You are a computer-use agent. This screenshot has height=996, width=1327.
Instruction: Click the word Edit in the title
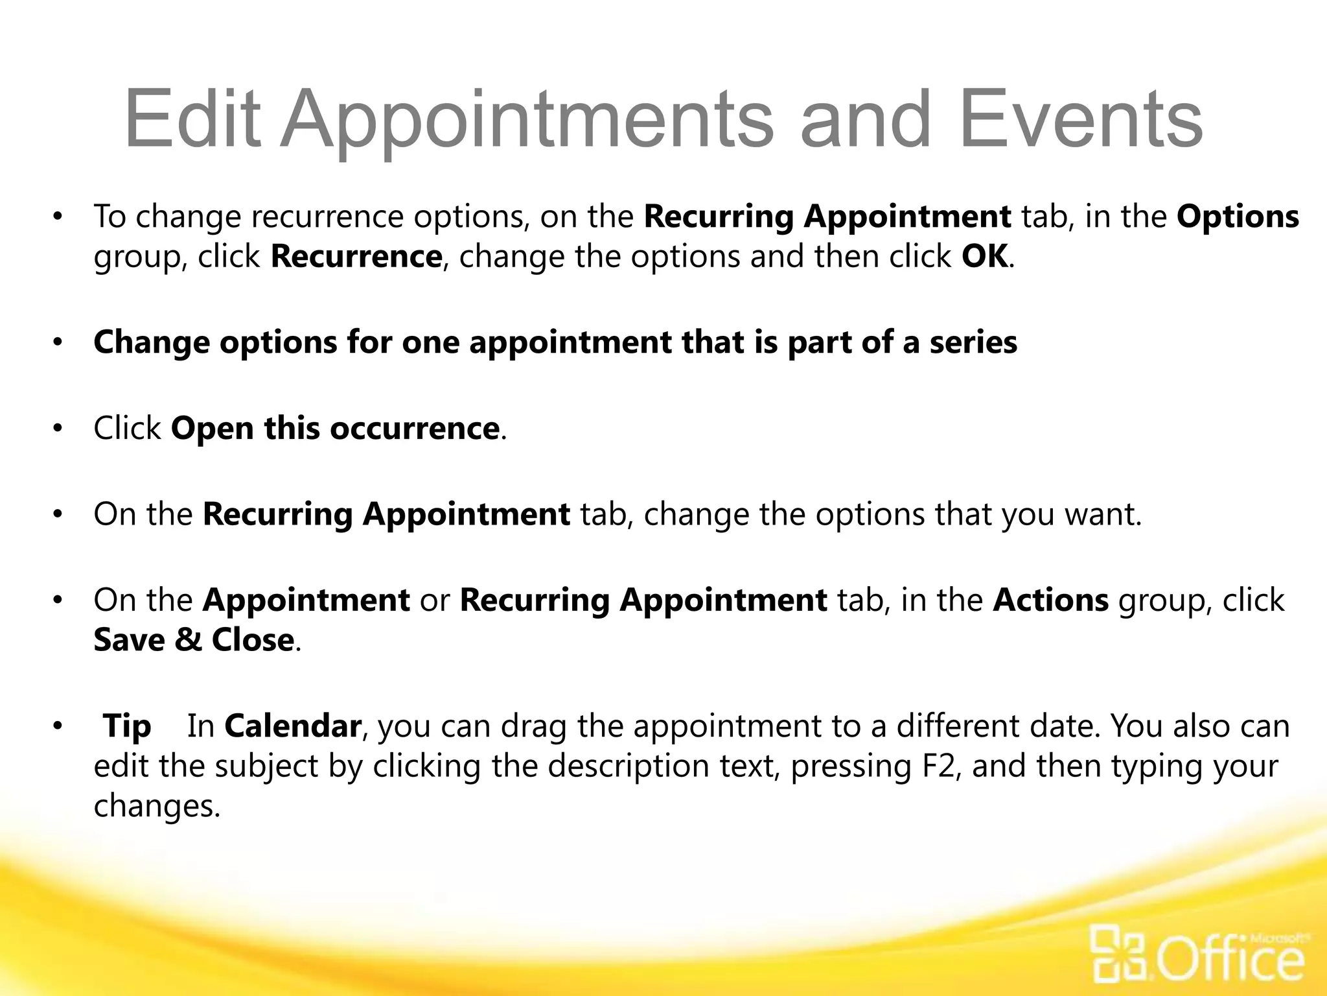[192, 119]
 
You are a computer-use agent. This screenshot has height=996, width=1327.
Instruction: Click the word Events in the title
[1079, 119]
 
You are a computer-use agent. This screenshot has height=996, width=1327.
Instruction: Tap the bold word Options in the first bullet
[1238, 217]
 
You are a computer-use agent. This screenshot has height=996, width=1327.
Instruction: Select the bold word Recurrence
[356, 256]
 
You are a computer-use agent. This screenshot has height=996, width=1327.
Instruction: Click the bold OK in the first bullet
[984, 256]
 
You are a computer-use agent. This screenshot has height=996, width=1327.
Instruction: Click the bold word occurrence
[414, 429]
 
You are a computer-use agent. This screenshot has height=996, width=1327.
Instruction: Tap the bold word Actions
[1050, 600]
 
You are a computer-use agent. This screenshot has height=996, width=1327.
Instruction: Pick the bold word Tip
[128, 726]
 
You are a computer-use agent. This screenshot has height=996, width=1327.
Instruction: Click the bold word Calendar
[292, 726]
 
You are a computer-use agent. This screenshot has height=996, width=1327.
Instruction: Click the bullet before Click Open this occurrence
[58, 429]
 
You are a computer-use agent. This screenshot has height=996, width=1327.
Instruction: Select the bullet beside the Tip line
[58, 726]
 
